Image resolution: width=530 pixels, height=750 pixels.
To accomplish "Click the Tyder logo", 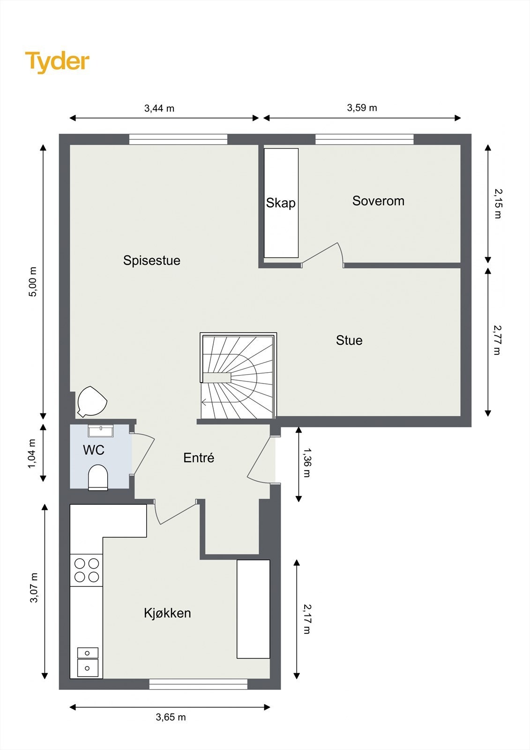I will pos(57,62).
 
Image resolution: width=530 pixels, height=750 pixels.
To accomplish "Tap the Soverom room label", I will pos(378,201).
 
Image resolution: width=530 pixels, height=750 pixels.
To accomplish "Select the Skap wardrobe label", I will pos(281,203).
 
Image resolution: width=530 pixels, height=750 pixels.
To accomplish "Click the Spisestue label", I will pos(151,261).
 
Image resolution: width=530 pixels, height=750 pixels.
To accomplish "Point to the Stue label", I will pos(349,340).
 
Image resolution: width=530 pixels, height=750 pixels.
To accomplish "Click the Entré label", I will pos(199,458).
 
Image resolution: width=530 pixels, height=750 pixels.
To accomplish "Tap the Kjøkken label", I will pos(167,613).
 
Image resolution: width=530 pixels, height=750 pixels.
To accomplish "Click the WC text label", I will pos(93,450).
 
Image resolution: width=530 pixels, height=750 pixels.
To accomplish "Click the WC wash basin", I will pos(101,430).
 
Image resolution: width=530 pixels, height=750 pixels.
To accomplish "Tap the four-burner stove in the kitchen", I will pos(87,570).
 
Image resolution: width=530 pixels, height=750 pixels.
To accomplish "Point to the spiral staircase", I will pos(238,376).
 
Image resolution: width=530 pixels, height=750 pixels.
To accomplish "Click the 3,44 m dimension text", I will pos(159,108).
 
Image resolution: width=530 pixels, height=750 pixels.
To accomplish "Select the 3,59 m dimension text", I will pos(362,108).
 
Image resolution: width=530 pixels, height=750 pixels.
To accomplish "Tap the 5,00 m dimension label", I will pos(32,282).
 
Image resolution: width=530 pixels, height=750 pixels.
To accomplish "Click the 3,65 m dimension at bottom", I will pos(171,717).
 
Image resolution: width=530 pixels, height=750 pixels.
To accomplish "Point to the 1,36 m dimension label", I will pos(307,463).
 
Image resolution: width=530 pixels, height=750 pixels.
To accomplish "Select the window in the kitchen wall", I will pos(198,684).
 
